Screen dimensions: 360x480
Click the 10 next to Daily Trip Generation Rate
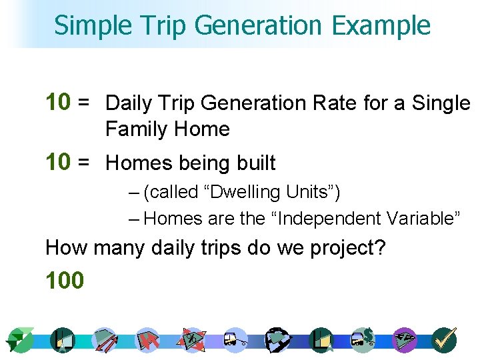(57, 102)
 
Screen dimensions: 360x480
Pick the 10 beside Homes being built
(57, 161)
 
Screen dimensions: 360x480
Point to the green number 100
(65, 281)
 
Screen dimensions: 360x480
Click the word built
(254, 163)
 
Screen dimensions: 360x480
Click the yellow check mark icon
(444, 339)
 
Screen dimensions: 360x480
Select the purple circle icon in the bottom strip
(405, 340)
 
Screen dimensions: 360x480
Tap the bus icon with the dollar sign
(363, 339)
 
